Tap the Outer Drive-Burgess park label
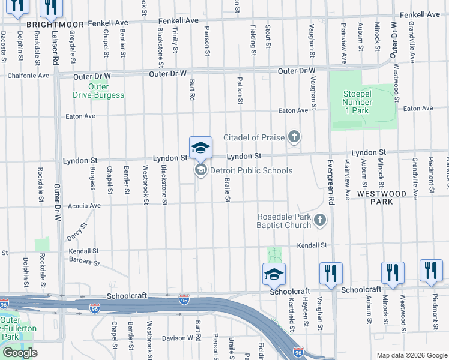point(98,90)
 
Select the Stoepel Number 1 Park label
point(358,97)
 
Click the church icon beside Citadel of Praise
point(294,137)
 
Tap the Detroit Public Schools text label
point(251,171)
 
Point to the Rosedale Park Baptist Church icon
point(320,220)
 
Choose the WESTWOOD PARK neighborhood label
point(382,197)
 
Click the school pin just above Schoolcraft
point(274,274)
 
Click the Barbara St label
point(83,261)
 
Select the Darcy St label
point(76,230)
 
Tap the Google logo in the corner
point(20,353)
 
